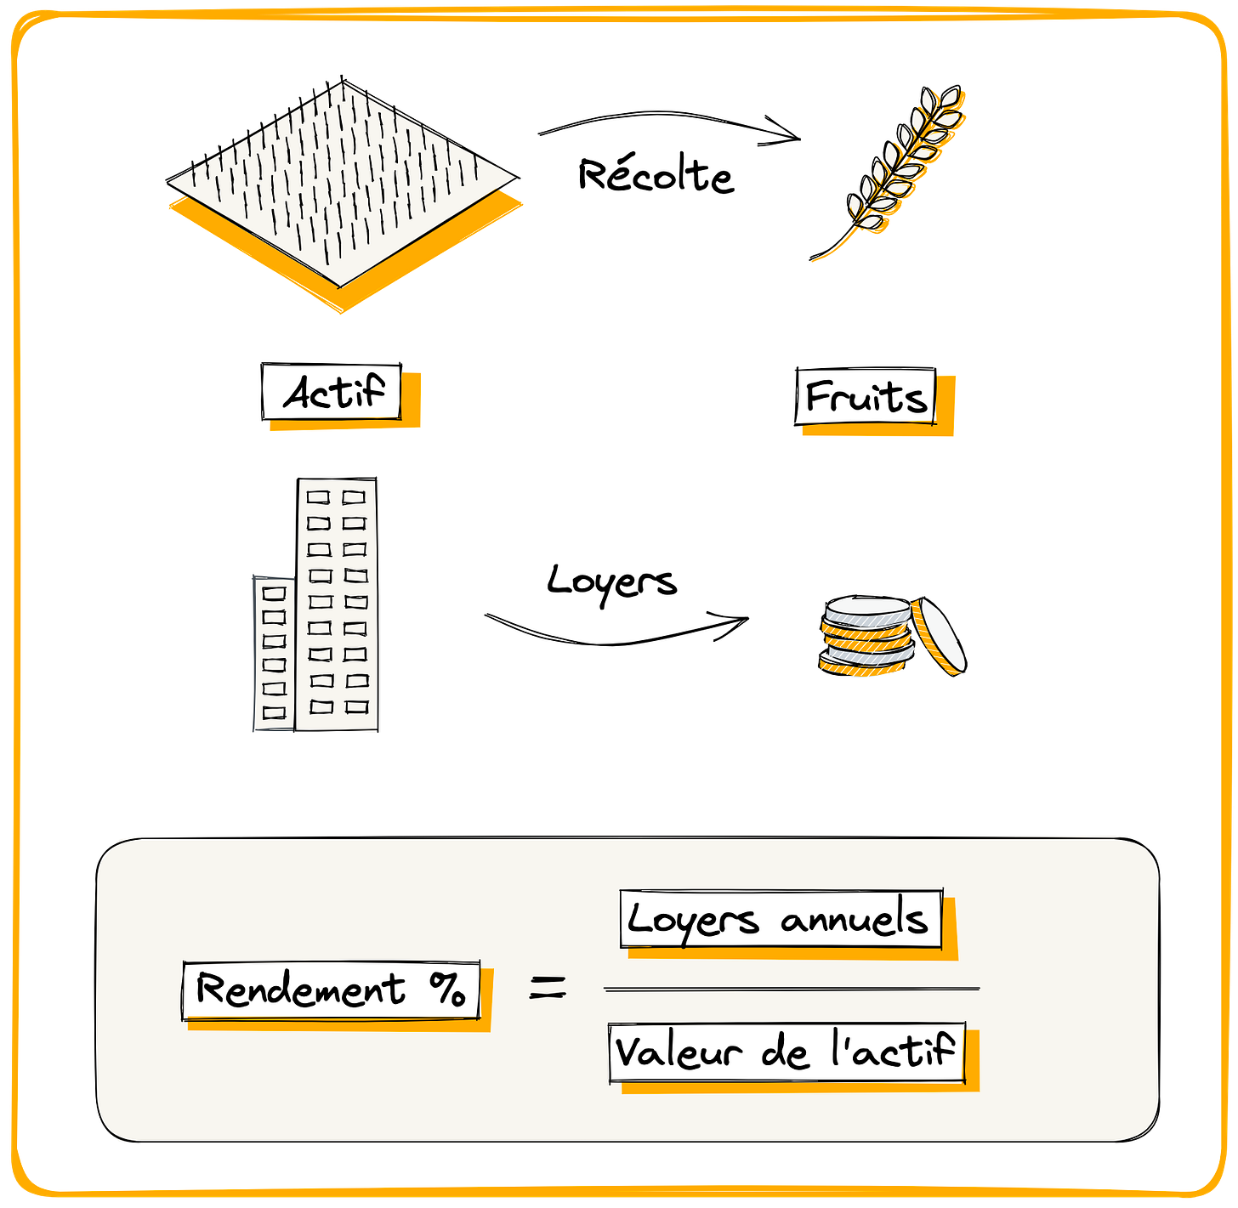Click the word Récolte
click(x=655, y=176)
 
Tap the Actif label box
click(x=332, y=392)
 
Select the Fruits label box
click(x=866, y=396)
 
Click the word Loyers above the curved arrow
click(x=611, y=582)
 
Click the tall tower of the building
click(x=337, y=604)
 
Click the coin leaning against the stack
click(x=940, y=637)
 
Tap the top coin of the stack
click(x=867, y=610)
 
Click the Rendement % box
click(x=331, y=990)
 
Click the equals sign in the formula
click(x=548, y=988)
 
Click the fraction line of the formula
click(x=791, y=989)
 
